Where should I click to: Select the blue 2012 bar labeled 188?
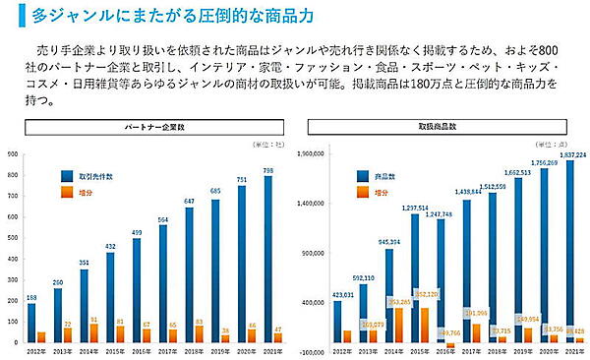(31, 323)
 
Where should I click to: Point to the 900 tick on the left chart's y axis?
(11, 155)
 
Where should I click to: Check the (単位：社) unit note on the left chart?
(264, 145)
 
